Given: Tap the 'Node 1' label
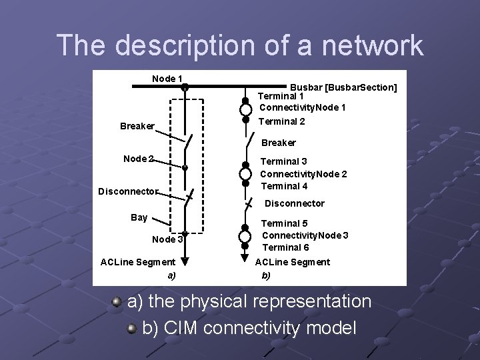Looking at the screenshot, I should click(167, 79).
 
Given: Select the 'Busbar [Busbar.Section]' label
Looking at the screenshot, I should click(343, 87).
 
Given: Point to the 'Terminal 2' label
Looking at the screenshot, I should click(281, 121).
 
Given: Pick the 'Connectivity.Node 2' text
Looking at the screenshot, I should click(303, 173).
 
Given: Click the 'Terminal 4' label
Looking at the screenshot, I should click(284, 185).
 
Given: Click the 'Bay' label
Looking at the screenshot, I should click(139, 217).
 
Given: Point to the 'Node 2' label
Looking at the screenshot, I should click(139, 159).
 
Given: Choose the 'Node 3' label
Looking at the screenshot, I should click(167, 240).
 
